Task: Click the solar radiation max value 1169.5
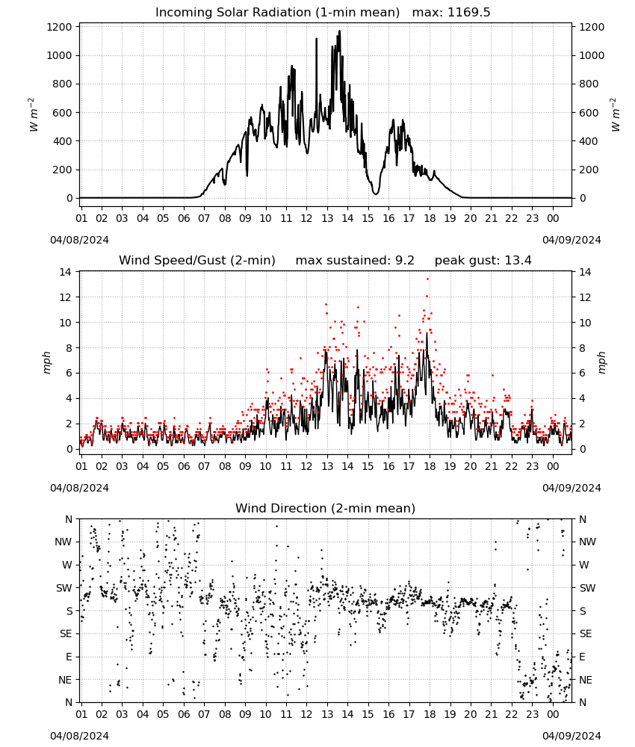[468, 13]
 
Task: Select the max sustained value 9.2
[405, 261]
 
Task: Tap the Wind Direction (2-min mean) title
[326, 508]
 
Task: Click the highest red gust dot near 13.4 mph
[428, 279]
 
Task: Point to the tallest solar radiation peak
[340, 31]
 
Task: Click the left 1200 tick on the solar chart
[60, 27]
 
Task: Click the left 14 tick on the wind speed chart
[65, 272]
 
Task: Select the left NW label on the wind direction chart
[63, 542]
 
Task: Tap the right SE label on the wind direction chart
[586, 633]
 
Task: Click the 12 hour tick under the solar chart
[306, 219]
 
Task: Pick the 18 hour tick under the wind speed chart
[430, 466]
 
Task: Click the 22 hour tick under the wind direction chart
[512, 714]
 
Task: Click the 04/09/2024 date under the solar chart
[571, 240]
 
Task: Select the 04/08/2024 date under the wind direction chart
[79, 736]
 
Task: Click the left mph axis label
[46, 362]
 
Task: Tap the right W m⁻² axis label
[616, 115]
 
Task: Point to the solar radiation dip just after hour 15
[376, 193]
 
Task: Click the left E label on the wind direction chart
[69, 657]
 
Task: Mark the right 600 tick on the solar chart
[589, 113]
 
